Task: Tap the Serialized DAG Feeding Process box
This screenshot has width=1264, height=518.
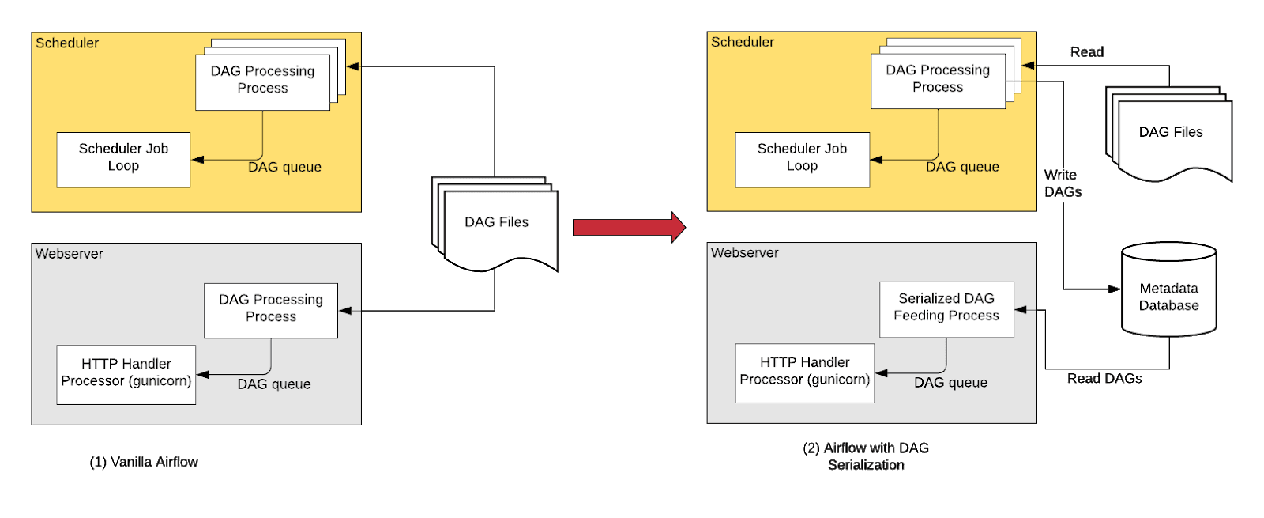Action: tap(946, 308)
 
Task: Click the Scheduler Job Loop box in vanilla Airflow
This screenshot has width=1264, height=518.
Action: tap(123, 159)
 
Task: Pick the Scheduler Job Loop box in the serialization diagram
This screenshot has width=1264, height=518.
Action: tap(802, 159)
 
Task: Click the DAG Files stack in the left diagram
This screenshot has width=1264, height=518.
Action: tap(496, 223)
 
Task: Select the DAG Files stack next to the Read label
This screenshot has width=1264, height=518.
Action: tap(1170, 133)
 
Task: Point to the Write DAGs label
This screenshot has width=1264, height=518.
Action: tap(1062, 183)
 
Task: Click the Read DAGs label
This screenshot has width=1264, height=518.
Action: tap(1104, 379)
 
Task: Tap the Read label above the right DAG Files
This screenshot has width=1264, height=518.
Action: tap(1086, 52)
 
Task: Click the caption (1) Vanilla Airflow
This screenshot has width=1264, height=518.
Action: tap(144, 462)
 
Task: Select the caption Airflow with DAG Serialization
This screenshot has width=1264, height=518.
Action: tap(866, 456)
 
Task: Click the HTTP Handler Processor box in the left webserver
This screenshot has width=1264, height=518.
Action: tap(126, 374)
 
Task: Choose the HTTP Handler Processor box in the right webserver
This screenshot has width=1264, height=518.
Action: tap(804, 372)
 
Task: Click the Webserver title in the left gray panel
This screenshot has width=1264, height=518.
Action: tap(70, 254)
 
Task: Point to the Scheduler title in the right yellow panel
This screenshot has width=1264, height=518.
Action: tap(743, 42)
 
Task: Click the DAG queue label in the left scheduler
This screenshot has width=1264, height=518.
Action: tap(284, 168)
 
